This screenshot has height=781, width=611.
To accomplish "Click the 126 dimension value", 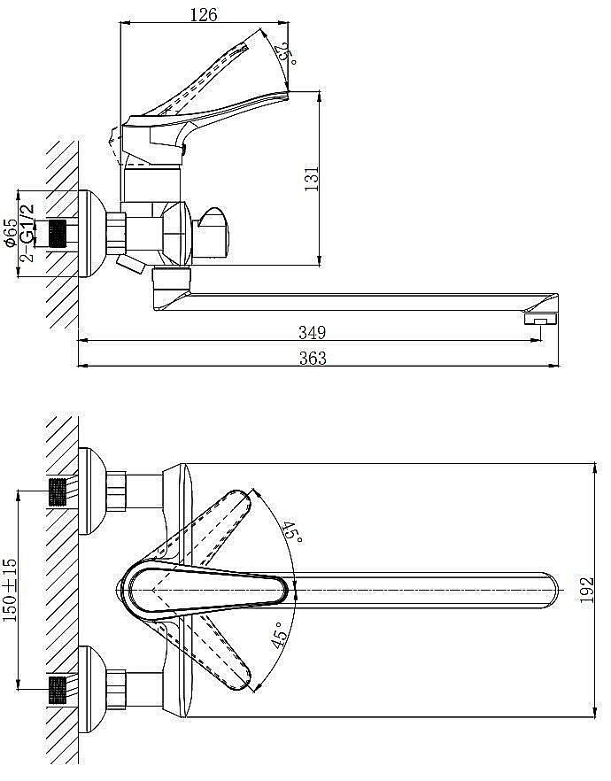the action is pyautogui.click(x=204, y=15).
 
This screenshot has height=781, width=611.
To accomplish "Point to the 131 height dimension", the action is pyautogui.click(x=312, y=178).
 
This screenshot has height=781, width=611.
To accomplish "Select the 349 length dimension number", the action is pyautogui.click(x=313, y=332).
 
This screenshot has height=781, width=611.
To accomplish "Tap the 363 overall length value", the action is pyautogui.click(x=313, y=358).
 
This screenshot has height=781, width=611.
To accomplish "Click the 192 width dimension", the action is pyautogui.click(x=588, y=590).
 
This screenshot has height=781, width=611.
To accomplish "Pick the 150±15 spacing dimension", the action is pyautogui.click(x=11, y=590).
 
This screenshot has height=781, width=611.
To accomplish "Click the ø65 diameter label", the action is pyautogui.click(x=11, y=232).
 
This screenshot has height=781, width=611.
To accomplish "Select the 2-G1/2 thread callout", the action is pyautogui.click(x=28, y=232).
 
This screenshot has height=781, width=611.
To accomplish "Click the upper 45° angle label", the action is pyautogui.click(x=292, y=532).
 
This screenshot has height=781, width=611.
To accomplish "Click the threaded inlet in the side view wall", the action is pyautogui.click(x=58, y=233).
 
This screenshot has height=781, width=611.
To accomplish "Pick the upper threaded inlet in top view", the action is pyautogui.click(x=58, y=491).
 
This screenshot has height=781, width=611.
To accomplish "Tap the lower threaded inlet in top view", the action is pyautogui.click(x=58, y=690).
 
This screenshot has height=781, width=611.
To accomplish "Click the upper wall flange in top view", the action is pyautogui.click(x=92, y=491).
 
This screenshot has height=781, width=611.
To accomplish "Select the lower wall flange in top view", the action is pyautogui.click(x=92, y=689).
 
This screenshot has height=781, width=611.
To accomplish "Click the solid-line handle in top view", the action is pyautogui.click(x=205, y=591).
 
